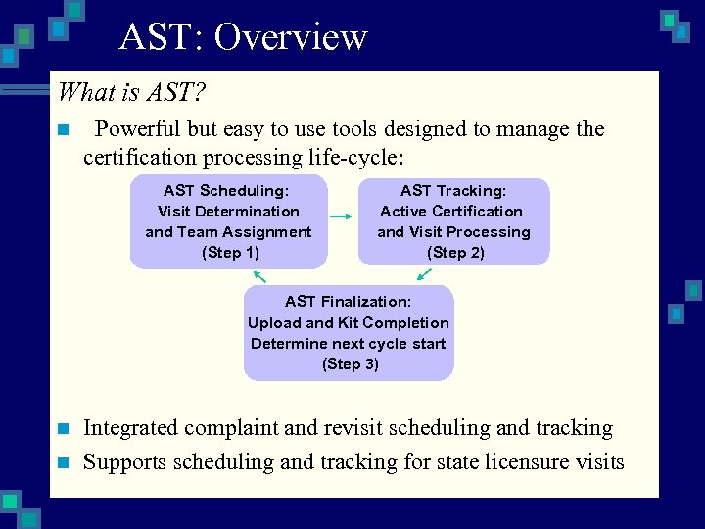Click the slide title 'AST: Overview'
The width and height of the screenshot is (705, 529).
point(243,37)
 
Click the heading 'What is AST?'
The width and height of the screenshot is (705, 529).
point(131,92)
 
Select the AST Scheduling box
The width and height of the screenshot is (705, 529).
point(228,222)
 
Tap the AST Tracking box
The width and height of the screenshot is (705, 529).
point(453,222)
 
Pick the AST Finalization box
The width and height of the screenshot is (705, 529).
point(349,333)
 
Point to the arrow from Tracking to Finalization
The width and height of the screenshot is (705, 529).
point(423,275)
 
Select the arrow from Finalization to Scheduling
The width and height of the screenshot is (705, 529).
point(259,276)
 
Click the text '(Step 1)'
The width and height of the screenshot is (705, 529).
point(230,253)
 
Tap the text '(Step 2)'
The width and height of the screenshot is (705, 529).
point(455,253)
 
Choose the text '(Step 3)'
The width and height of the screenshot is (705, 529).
point(350,364)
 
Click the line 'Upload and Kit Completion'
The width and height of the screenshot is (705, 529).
point(349,323)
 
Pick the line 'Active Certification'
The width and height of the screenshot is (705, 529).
point(451,212)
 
